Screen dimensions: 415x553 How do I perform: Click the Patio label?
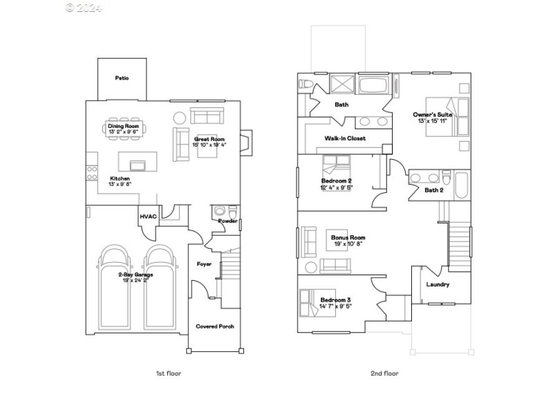point(122,79)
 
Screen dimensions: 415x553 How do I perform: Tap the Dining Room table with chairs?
point(123,129)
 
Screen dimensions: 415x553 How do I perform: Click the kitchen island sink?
point(138,165)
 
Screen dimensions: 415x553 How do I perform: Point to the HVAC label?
point(149,216)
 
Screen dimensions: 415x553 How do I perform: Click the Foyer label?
point(205,263)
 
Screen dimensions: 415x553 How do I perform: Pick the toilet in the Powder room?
point(220,211)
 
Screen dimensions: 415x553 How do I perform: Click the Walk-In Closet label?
point(345,138)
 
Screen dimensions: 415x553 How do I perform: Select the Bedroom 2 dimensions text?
point(336,187)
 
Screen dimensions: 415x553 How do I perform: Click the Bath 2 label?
point(433,190)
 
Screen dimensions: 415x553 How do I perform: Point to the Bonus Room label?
point(348,237)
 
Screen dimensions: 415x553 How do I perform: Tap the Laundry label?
point(438,284)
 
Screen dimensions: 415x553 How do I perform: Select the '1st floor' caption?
point(168,373)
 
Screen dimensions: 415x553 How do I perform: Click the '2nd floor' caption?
point(384,373)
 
